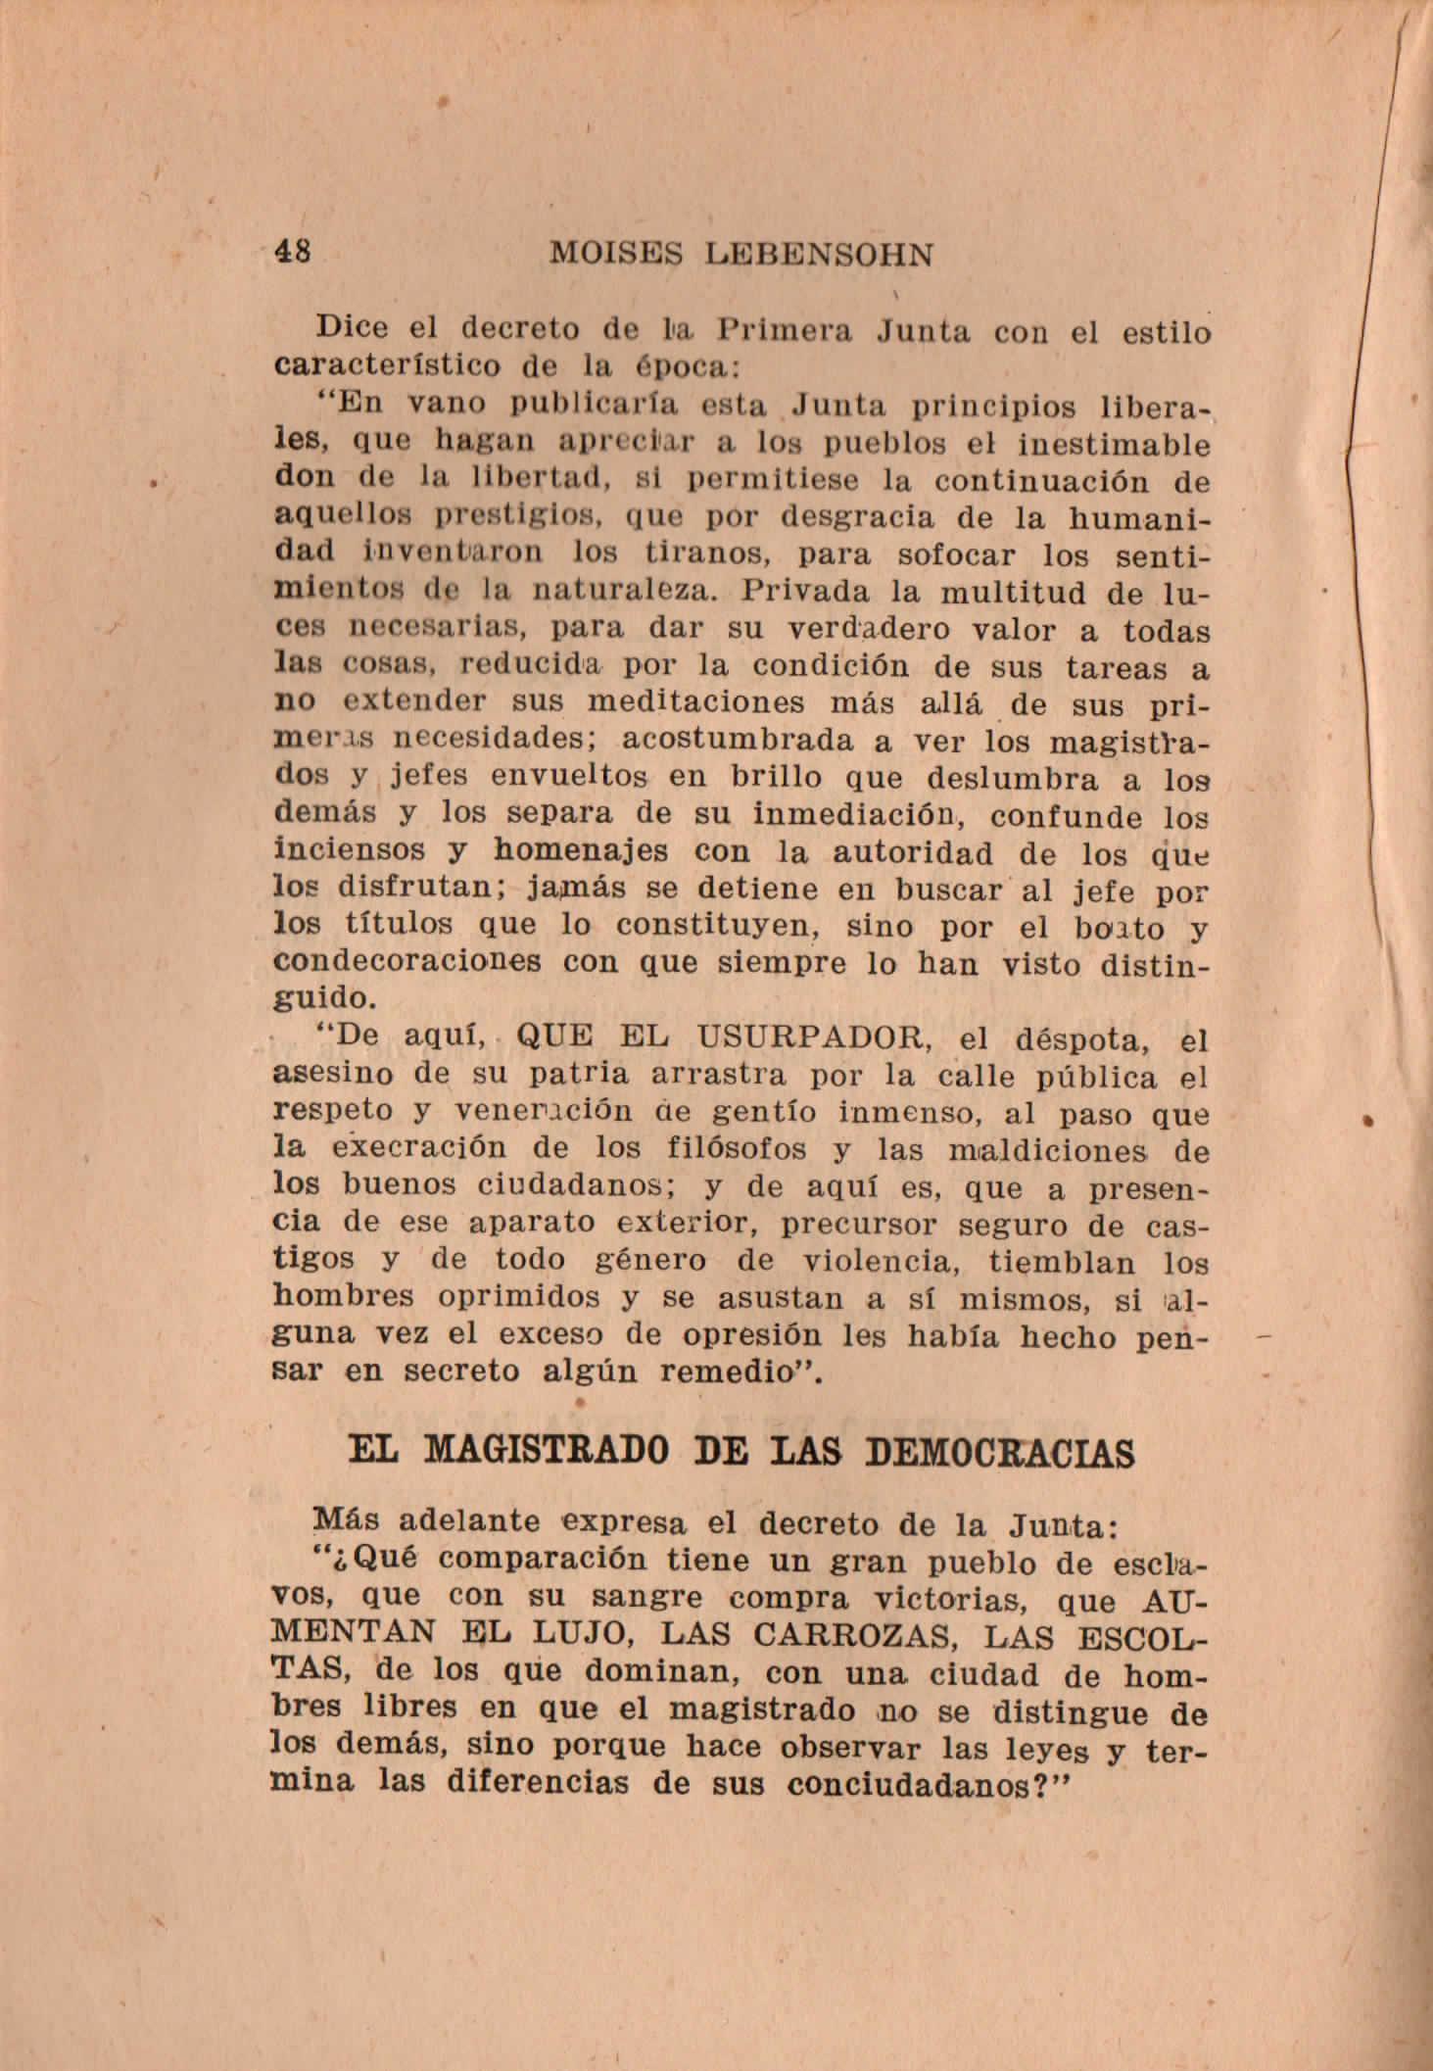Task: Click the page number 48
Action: [x=294, y=252]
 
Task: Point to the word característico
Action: [x=386, y=367]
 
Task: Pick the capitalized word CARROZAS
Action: [x=863, y=1633]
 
